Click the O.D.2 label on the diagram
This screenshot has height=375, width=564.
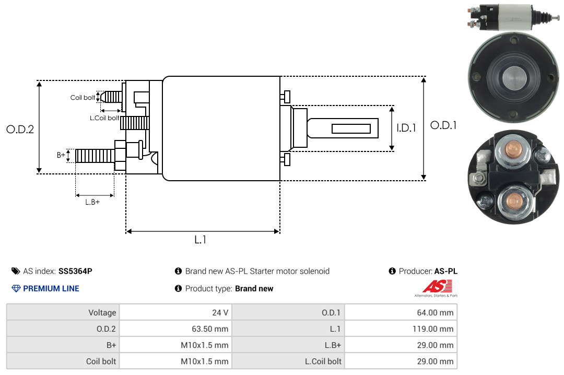tap(20, 129)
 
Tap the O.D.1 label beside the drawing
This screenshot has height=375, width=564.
tap(443, 125)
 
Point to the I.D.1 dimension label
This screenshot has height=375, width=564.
tap(406, 128)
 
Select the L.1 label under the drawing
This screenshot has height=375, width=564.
tap(201, 240)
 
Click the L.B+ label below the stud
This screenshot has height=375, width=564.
tap(92, 202)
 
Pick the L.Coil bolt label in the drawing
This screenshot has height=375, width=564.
tap(104, 118)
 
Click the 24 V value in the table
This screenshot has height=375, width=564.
tap(220, 312)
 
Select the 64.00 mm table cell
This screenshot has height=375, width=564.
tap(435, 312)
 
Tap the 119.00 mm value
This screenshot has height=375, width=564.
tap(433, 329)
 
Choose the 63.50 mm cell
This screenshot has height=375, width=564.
tap(210, 329)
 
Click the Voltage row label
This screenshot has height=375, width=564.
tap(102, 312)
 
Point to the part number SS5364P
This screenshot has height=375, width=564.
tap(75, 271)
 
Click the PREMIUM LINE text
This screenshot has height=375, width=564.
tap(51, 288)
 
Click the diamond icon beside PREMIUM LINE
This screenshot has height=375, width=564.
tap(16, 288)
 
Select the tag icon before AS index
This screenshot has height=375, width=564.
tap(16, 271)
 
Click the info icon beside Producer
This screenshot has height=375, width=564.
tap(392, 271)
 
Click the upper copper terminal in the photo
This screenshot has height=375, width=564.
tap(512, 149)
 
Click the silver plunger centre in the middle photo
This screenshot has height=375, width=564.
tap(514, 78)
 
